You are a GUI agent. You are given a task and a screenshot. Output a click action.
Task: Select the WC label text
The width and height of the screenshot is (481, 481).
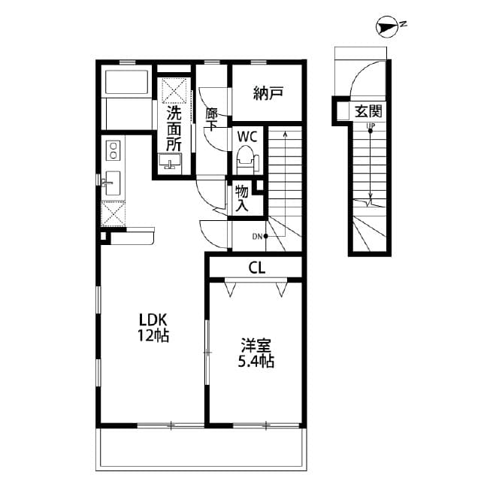[247, 137]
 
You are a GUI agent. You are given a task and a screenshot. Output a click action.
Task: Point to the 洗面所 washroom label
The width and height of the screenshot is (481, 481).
[174, 128]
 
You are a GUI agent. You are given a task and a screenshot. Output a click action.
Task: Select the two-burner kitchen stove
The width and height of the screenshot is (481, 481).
[113, 150]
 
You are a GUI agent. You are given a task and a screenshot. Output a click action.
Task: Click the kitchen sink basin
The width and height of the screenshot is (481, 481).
[113, 183]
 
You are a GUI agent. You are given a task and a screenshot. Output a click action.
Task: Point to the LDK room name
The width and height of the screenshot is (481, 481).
[153, 319]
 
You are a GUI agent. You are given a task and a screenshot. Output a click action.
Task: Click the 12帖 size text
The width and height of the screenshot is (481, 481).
[153, 336]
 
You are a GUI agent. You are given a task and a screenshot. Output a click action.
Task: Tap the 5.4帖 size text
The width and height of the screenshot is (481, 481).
[256, 362]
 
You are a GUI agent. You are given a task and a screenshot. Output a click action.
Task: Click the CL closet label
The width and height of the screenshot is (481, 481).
[256, 267]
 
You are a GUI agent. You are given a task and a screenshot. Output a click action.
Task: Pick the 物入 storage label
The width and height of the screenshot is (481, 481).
[242, 198]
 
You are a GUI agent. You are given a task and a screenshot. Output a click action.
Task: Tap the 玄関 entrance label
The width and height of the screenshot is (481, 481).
[368, 111]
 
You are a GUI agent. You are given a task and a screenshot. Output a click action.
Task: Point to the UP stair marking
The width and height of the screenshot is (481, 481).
[370, 126]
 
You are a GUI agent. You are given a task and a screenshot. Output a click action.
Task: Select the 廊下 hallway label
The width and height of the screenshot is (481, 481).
[211, 120]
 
